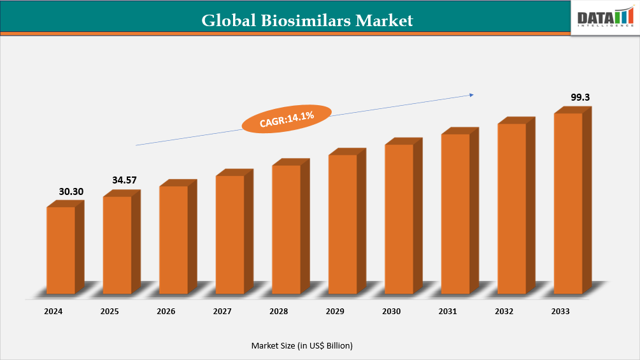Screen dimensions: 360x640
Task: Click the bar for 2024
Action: pyautogui.click(x=61, y=250)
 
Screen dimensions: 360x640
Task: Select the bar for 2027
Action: pyautogui.click(x=230, y=234)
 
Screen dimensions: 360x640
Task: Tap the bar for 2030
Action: pyautogui.click(x=399, y=219)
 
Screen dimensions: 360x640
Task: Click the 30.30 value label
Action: pyautogui.click(x=71, y=191)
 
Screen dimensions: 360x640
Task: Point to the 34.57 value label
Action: pyautogui.click(x=125, y=180)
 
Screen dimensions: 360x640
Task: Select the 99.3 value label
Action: pyautogui.click(x=581, y=97)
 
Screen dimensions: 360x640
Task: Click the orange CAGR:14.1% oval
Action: pyautogui.click(x=287, y=119)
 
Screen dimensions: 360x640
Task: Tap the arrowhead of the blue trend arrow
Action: pyautogui.click(x=471, y=95)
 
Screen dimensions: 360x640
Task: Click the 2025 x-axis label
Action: pyautogui.click(x=110, y=312)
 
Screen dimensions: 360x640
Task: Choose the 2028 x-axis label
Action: pyautogui.click(x=278, y=312)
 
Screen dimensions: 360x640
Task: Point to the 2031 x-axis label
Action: pyautogui.click(x=448, y=312)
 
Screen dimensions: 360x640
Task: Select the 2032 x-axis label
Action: pyautogui.click(x=504, y=312)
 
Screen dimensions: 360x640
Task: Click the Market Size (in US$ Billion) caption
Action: pyautogui.click(x=302, y=345)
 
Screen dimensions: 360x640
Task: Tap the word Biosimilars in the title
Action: pyautogui.click(x=305, y=20)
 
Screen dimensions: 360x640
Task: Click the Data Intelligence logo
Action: pyautogui.click(x=606, y=17)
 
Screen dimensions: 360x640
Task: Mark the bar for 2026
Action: pyautogui.click(x=174, y=239)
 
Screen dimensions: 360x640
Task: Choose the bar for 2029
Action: pyautogui.click(x=343, y=224)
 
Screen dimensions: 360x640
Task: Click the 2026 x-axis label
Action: pyautogui.click(x=166, y=312)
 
